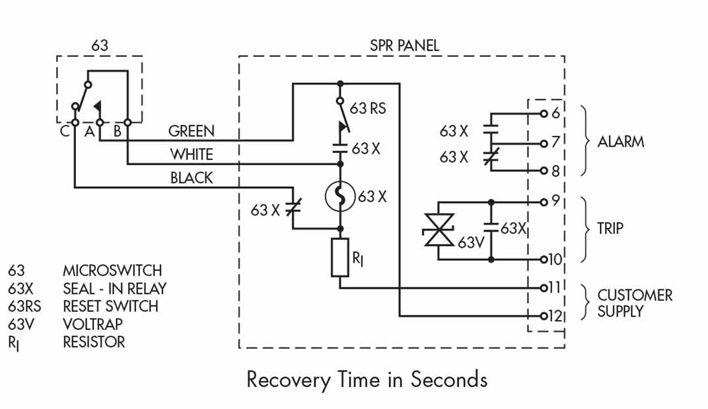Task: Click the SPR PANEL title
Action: [x=404, y=45]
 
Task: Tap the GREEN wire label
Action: [x=191, y=131]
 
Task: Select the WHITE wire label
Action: [x=191, y=155]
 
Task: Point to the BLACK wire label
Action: [x=191, y=179]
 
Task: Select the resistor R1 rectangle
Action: [x=340, y=257]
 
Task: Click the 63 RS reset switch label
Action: [x=369, y=108]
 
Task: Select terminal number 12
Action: [x=554, y=316]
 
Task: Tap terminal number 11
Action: [x=554, y=287]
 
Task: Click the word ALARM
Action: [x=620, y=142]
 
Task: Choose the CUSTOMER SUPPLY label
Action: [x=634, y=303]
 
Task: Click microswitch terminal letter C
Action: [x=64, y=132]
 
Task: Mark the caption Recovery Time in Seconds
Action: [x=366, y=380]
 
